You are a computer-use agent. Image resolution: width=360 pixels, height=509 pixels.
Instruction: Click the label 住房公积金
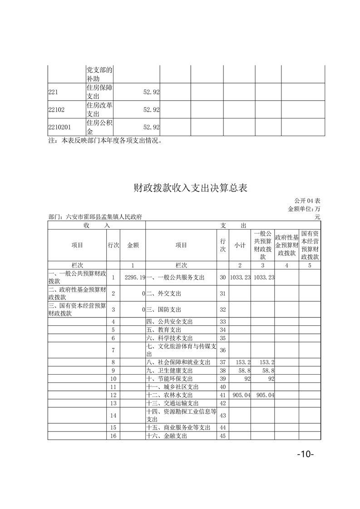[99, 127]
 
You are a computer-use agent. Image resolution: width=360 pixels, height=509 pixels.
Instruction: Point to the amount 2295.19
[134, 277]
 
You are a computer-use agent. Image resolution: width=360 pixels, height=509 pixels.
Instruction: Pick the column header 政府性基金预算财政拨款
[286, 245]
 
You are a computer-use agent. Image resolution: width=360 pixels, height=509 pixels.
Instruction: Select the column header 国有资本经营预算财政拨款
[310, 245]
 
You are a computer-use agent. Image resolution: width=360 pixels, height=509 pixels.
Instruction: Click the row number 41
[222, 395]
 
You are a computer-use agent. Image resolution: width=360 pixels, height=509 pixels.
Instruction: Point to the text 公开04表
[307, 201]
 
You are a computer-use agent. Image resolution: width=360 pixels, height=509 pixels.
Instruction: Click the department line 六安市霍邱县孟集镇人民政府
[95, 217]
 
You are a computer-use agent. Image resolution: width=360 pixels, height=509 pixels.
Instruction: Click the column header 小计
[240, 245]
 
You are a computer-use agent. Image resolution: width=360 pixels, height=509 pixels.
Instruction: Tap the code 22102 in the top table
[57, 109]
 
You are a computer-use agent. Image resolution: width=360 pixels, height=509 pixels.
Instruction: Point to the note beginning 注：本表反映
[105, 141]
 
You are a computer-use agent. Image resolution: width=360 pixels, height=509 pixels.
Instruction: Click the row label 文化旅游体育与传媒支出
[180, 350]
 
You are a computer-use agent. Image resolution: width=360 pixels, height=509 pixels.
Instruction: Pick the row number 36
[222, 350]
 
